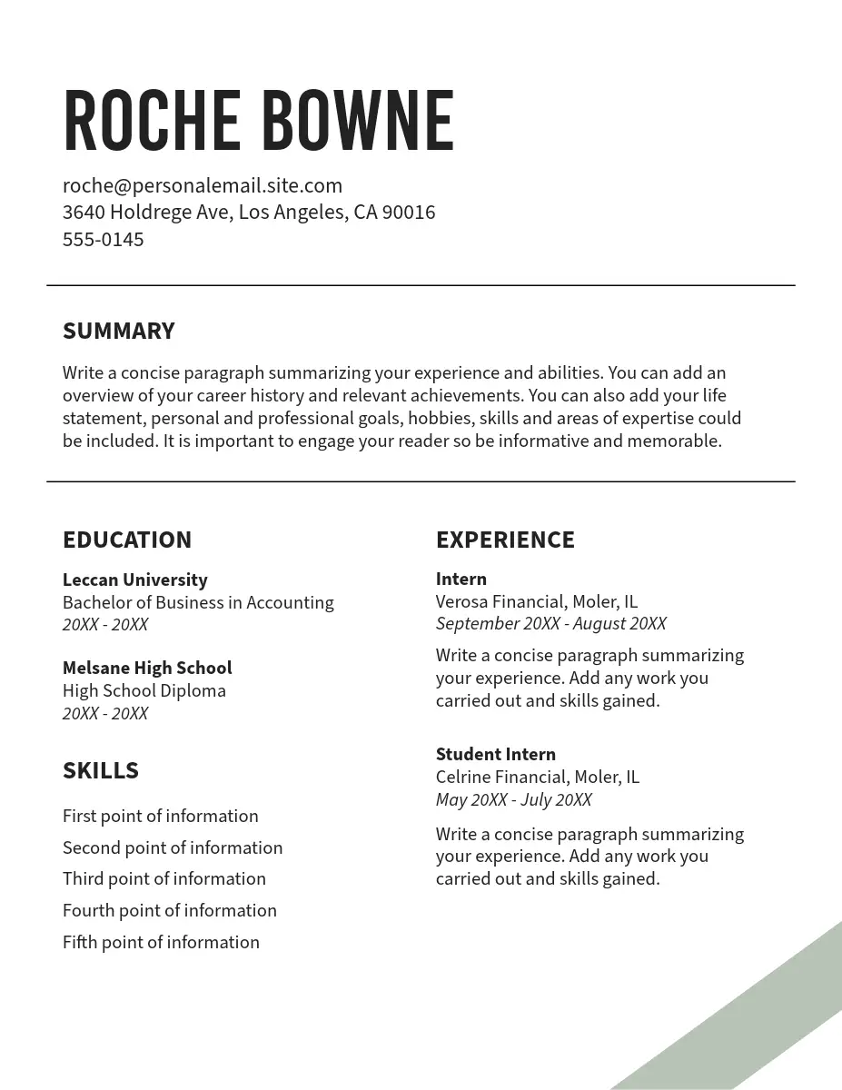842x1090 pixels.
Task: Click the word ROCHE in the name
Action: pos(151,121)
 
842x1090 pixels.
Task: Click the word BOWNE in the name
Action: pos(357,121)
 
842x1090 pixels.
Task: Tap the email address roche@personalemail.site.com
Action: pos(203,186)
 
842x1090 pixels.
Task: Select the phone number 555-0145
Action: pos(103,240)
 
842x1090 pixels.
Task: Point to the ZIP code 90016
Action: pos(409,213)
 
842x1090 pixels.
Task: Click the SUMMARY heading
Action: pos(118,331)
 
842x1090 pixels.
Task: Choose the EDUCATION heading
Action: pos(127,540)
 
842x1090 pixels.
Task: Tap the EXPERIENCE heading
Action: pos(505,540)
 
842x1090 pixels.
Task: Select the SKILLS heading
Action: pos(101,770)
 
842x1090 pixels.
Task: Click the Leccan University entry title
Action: pos(134,580)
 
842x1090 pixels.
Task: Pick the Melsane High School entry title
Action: pos(147,668)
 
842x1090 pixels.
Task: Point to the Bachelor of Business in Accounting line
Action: pos(198,602)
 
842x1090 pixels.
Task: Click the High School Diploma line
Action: pos(144,690)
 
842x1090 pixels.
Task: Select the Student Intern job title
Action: pos(495,754)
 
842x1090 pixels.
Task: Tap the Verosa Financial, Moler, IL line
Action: pos(537,601)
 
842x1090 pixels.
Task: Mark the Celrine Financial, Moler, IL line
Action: pos(538,777)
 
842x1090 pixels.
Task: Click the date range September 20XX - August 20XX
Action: pos(550,624)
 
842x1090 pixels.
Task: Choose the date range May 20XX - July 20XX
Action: pos(513,799)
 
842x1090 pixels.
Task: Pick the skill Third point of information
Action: pos(164,878)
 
